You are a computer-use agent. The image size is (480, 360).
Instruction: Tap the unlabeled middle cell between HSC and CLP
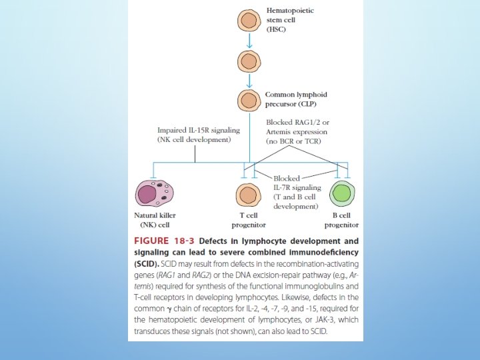tap(249, 61)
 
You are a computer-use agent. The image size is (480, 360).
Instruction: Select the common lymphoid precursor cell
tap(249, 101)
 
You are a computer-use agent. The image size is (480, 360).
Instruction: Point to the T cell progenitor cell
tap(249, 195)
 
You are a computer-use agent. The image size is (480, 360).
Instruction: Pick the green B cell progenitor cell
tap(343, 195)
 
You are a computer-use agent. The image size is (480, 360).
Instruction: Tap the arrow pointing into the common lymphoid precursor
tap(249, 81)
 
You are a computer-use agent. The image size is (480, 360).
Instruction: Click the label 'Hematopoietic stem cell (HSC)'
tap(291, 20)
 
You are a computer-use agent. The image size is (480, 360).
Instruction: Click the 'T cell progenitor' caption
tap(249, 221)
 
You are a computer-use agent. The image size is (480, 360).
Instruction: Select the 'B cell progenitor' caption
tap(343, 221)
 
